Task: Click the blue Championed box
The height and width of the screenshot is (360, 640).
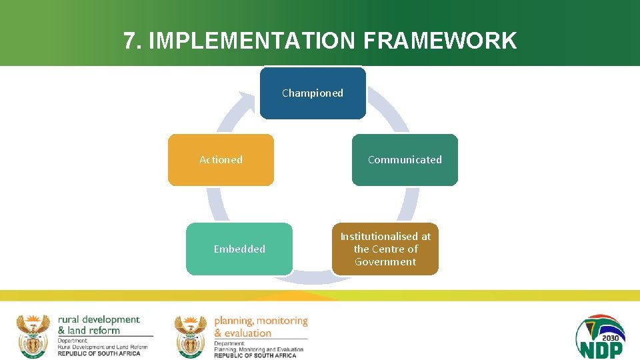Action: tap(313, 93)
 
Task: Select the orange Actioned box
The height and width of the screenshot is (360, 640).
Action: tap(221, 160)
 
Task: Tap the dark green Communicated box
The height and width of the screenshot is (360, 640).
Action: tap(405, 160)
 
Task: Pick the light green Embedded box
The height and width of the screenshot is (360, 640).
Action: tap(239, 249)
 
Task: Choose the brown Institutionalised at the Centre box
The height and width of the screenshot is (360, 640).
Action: tap(385, 249)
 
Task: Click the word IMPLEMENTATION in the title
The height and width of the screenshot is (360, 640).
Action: tap(253, 41)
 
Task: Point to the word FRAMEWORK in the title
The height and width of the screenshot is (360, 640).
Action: tap(440, 41)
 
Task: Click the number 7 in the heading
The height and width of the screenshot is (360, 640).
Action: tap(129, 41)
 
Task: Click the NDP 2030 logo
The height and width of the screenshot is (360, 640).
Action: tap(600, 337)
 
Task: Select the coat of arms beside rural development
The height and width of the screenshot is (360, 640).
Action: tap(33, 335)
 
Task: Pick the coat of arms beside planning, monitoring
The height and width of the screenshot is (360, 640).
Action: tap(191, 336)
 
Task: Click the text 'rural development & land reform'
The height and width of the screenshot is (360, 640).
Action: tap(99, 325)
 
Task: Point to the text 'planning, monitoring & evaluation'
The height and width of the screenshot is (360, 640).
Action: tap(261, 327)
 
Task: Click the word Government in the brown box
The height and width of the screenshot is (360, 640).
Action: tap(385, 262)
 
